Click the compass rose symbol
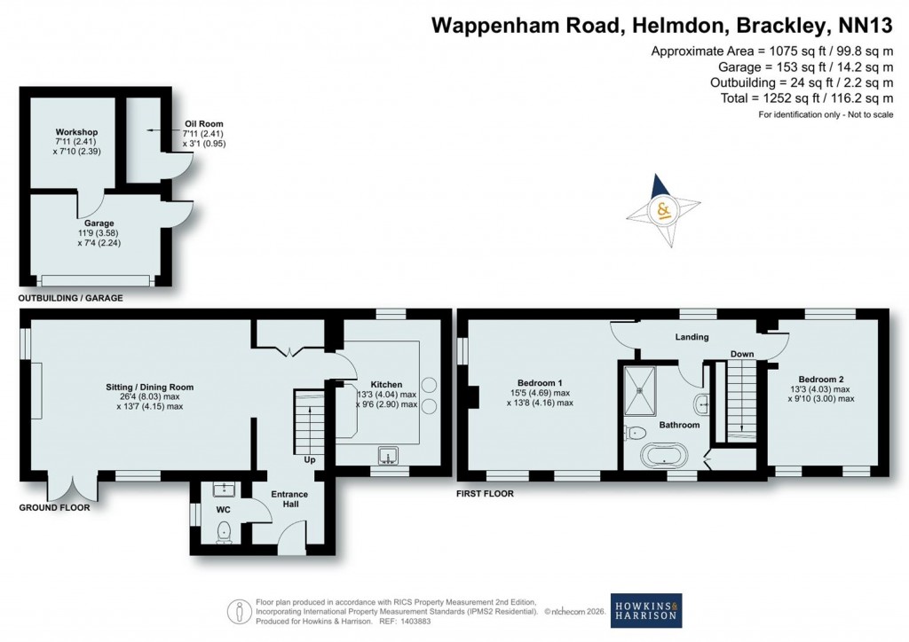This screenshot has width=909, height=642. coord(662,211)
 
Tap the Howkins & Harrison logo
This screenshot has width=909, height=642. coord(646,609)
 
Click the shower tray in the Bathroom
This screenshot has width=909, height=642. coord(638,389)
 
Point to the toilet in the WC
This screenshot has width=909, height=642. coord(223,531)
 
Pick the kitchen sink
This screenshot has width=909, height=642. coord(387,457)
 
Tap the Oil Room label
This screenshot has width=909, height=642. coord(203,124)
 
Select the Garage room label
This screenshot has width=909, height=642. coord(99,223)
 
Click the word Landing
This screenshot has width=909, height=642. coord(692,337)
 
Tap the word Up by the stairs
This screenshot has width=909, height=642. coord(310,460)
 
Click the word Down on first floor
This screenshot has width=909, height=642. coord(742,355)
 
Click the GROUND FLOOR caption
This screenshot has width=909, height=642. coord(54,509)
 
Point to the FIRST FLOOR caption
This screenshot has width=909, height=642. coord(486,493)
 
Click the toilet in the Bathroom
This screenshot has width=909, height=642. coord(635,433)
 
